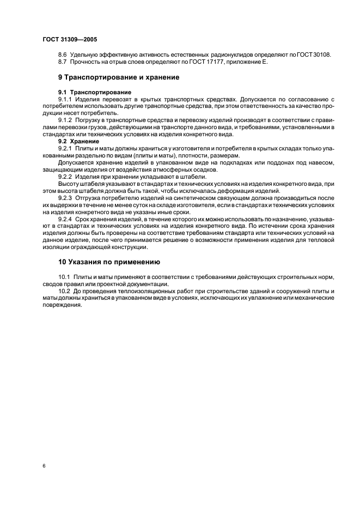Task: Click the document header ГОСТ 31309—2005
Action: coord(69,40)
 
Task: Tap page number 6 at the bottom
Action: coord(43,466)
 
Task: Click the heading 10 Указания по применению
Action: coord(105,262)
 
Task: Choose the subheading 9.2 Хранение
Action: coord(78,141)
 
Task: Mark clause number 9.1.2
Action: coord(65,119)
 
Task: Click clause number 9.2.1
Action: coord(65,148)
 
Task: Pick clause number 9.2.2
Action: coord(65,177)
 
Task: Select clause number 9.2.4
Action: coord(65,218)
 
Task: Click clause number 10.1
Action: coord(63,277)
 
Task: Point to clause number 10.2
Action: coord(63,291)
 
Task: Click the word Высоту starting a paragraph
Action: coord(69,184)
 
